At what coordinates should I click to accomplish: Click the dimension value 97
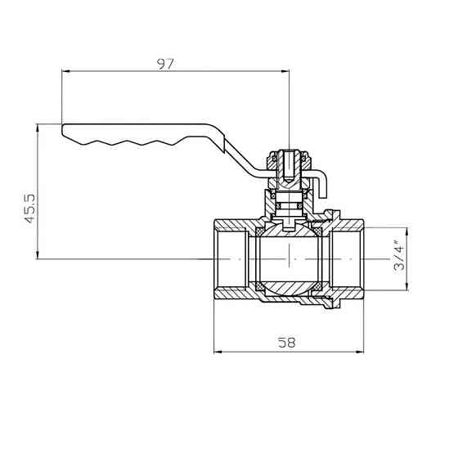[x=165, y=65]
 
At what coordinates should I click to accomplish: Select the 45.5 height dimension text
[x=30, y=209]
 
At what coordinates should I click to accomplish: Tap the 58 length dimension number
[x=286, y=342]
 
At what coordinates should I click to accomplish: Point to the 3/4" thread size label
[x=399, y=255]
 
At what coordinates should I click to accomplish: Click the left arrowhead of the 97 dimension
[x=66, y=70]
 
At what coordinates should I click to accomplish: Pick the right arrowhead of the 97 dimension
[x=285, y=70]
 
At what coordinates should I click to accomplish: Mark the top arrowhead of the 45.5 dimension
[x=37, y=128]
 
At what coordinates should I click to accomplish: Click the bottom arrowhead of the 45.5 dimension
[x=37, y=255]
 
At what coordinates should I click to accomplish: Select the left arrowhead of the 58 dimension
[x=218, y=352]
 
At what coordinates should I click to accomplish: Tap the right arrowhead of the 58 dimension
[x=360, y=352]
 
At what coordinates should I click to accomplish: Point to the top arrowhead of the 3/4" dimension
[x=407, y=231]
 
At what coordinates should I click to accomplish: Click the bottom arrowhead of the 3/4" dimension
[x=407, y=286]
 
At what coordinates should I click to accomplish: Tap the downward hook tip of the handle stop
[x=322, y=196]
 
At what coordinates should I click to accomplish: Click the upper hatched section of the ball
[x=289, y=230]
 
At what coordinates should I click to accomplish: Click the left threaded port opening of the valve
[x=231, y=258]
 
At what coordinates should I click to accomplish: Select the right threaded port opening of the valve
[x=347, y=258]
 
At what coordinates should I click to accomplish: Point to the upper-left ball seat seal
[x=259, y=232]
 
